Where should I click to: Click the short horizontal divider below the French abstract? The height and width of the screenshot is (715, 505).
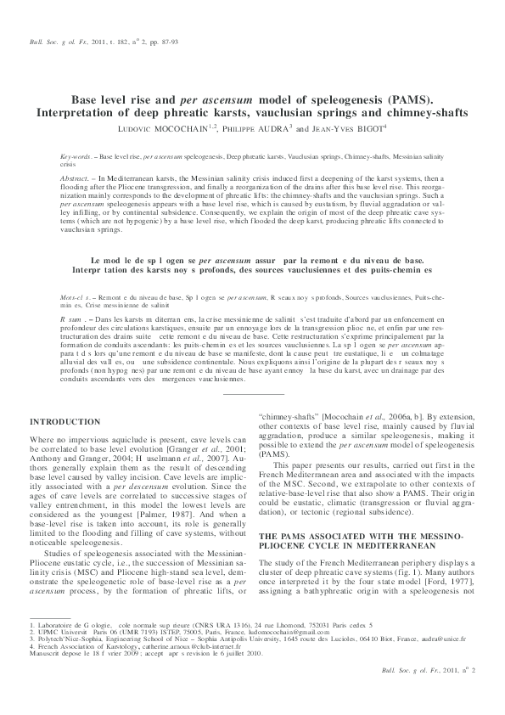click(252, 393)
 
